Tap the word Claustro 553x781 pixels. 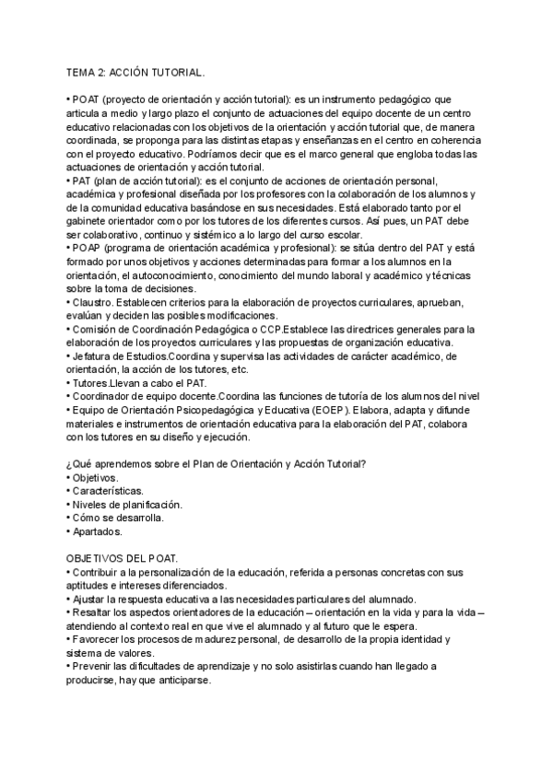point(92,303)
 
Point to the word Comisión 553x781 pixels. point(96,330)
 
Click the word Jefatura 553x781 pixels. point(93,356)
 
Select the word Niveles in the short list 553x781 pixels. point(90,504)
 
